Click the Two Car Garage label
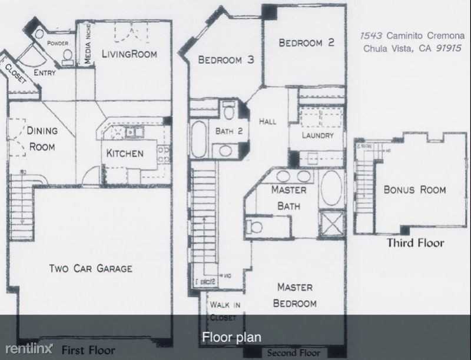click(x=90, y=269)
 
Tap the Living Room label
click(x=130, y=54)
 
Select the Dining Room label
click(x=41, y=138)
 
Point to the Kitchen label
click(x=125, y=154)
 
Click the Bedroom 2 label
click(x=307, y=42)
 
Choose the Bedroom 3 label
click(x=225, y=59)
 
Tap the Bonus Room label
click(x=414, y=189)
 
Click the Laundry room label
click(x=318, y=135)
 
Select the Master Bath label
click(x=288, y=198)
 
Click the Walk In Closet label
click(x=223, y=311)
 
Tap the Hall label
click(x=267, y=121)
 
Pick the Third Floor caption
click(x=415, y=242)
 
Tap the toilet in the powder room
click(x=67, y=56)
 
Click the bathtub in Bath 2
click(x=198, y=139)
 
